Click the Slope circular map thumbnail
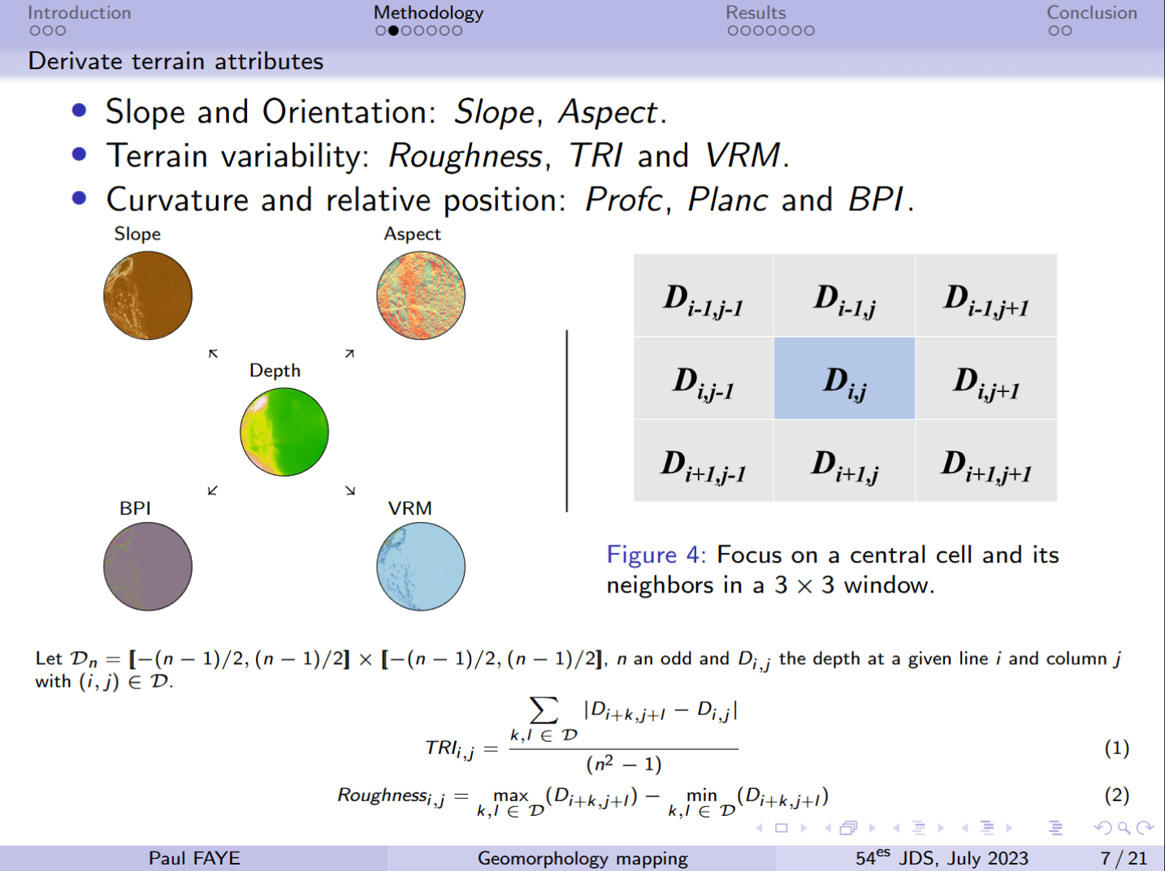pyautogui.click(x=148, y=295)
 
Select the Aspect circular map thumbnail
pyautogui.click(x=421, y=295)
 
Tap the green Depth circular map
pyautogui.click(x=284, y=432)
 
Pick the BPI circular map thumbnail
pyautogui.click(x=148, y=566)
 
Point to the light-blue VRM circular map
pyautogui.click(x=421, y=566)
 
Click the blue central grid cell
pyautogui.click(x=844, y=378)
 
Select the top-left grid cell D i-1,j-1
pyautogui.click(x=704, y=295)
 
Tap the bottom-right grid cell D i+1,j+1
pyautogui.click(x=986, y=461)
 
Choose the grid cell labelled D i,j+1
pyautogui.click(x=986, y=378)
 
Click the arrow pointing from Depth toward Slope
pyautogui.click(x=213, y=354)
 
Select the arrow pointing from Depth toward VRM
pyautogui.click(x=350, y=490)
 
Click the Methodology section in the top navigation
pyautogui.click(x=428, y=13)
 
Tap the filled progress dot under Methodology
pyautogui.click(x=393, y=31)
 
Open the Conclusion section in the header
pyautogui.click(x=1092, y=13)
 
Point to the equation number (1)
pyautogui.click(x=1117, y=748)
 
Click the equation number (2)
pyautogui.click(x=1117, y=796)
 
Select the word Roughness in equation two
pyautogui.click(x=383, y=795)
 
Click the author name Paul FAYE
pyautogui.click(x=194, y=858)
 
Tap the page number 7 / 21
pyautogui.click(x=1124, y=858)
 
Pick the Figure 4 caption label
pyautogui.click(x=656, y=554)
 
